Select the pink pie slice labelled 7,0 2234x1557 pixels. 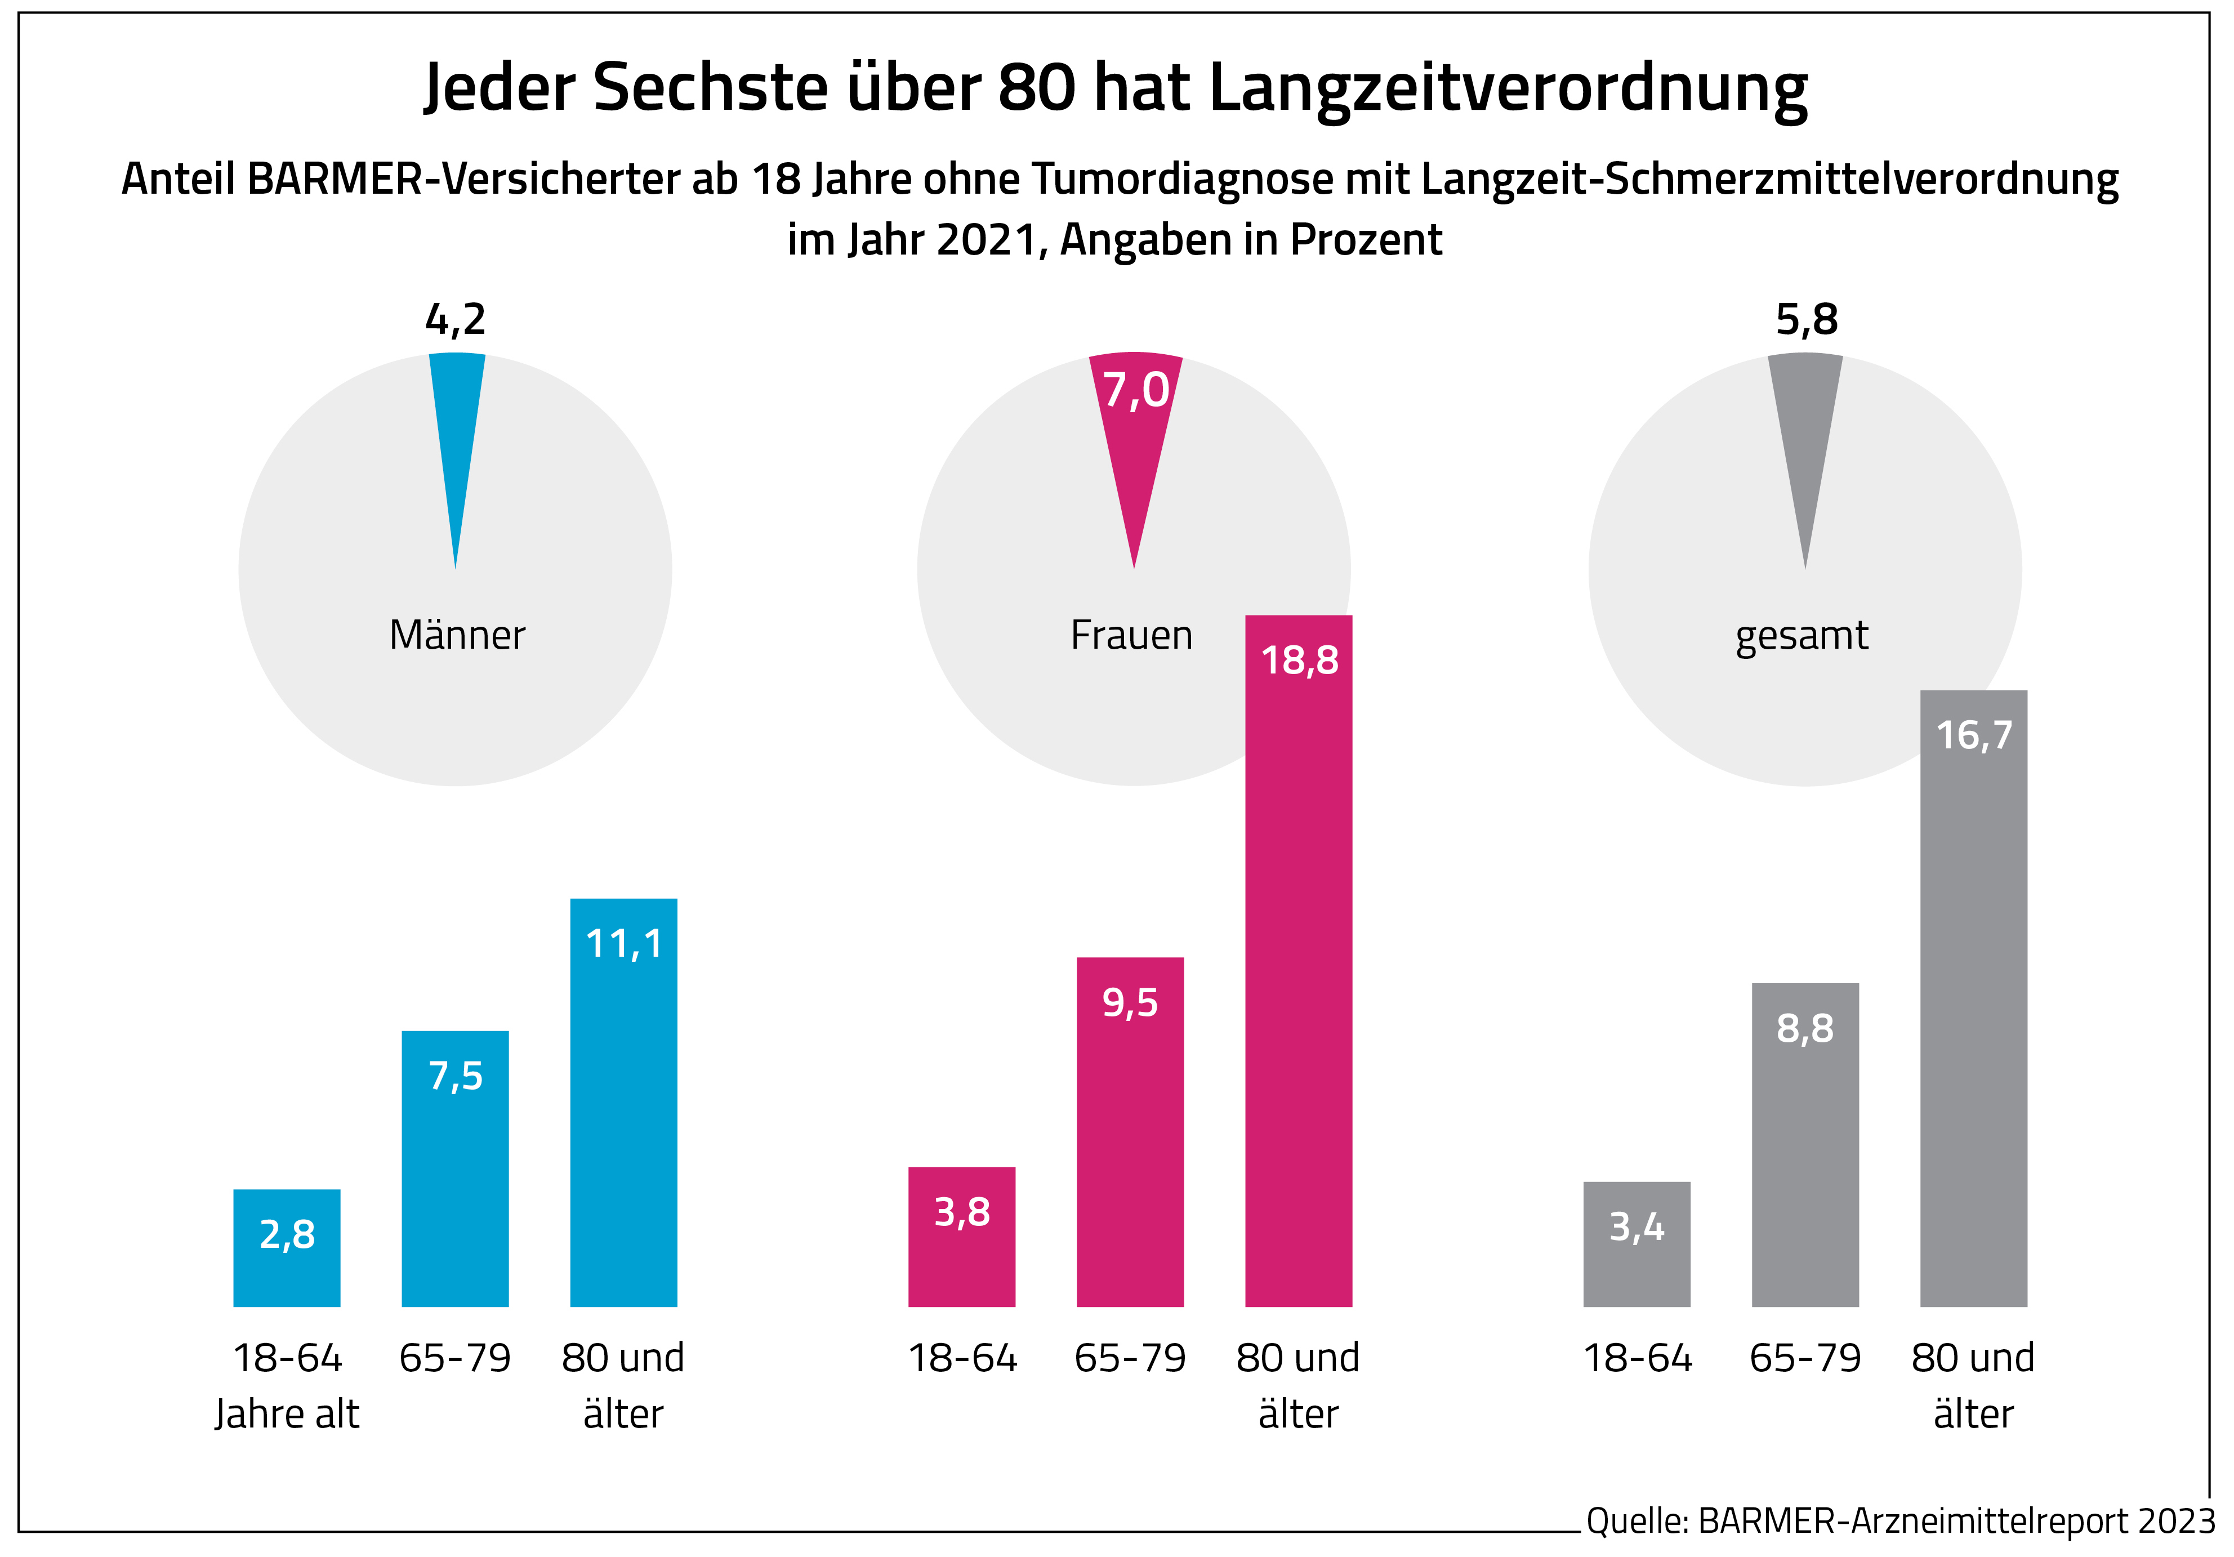[1135, 428]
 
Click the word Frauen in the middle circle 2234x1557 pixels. [1131, 635]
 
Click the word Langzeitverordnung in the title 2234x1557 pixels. [1508, 88]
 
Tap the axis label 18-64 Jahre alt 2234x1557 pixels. [287, 1385]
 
